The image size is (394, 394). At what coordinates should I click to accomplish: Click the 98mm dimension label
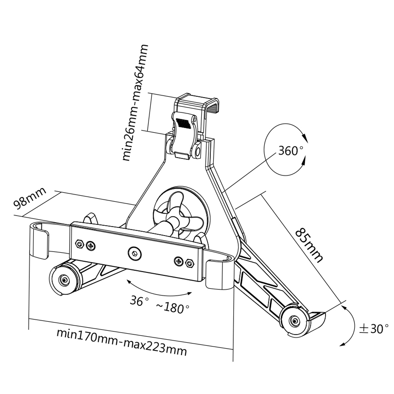click(x=30, y=198)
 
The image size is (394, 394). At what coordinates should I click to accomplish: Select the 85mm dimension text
click(x=309, y=245)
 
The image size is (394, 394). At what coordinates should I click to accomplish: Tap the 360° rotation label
click(x=290, y=151)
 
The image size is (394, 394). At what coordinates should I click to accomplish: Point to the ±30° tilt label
click(x=374, y=329)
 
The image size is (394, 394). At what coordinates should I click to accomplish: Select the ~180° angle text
click(x=173, y=308)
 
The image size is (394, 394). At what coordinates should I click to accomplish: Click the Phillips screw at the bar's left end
click(x=91, y=246)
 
